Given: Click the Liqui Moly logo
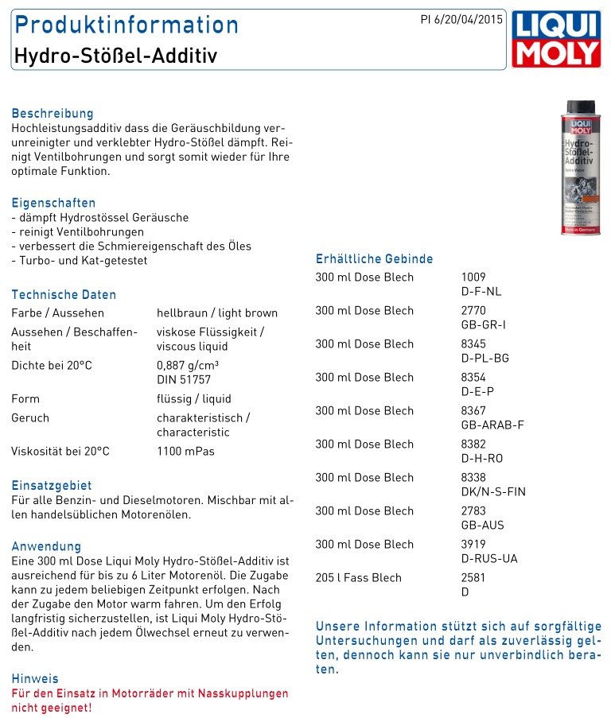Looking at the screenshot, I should (556, 39).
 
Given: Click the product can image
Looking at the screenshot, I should (580, 167).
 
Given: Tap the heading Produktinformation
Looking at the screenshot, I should (126, 25).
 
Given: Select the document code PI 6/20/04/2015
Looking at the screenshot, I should (461, 20).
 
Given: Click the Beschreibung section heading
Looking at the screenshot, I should (53, 114).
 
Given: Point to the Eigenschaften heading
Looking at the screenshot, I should (53, 203).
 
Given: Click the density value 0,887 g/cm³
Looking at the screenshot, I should (188, 366).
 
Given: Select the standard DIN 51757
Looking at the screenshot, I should (184, 380).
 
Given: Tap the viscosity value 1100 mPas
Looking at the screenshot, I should (185, 452).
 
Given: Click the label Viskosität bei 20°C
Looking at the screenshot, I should (60, 452).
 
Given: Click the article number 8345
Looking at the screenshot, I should (473, 344).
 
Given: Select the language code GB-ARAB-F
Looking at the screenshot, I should (492, 425).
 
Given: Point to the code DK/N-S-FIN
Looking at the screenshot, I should (493, 492).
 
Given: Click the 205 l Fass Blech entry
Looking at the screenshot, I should (359, 578).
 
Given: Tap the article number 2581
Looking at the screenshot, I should (473, 578).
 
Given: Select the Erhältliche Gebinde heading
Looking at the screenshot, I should (375, 259).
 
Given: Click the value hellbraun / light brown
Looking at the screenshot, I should (217, 313).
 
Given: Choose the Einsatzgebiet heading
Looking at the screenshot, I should (52, 486).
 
